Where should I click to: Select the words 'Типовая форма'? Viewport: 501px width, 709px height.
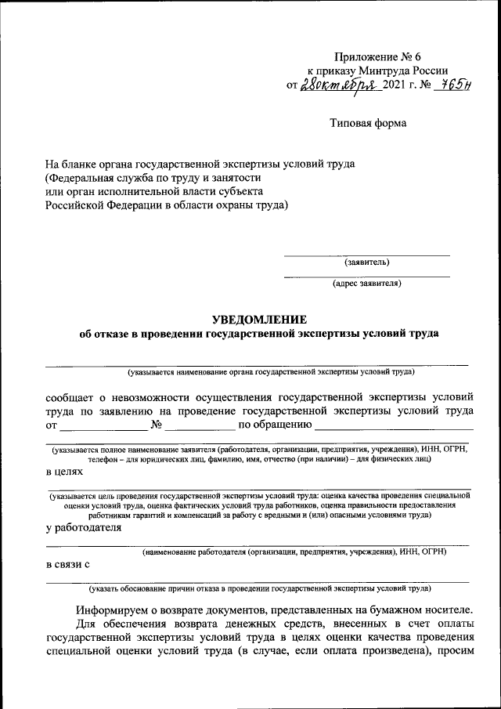[x=368, y=123]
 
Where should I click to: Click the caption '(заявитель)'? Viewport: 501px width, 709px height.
[x=366, y=262]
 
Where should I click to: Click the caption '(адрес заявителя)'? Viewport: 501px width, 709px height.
[x=366, y=283]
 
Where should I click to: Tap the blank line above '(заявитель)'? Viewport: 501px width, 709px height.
[x=366, y=254]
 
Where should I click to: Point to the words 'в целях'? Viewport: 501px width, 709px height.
[x=63, y=472]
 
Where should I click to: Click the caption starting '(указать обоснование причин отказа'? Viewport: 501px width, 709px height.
[x=258, y=587]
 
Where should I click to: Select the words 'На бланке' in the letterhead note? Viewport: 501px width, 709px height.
[x=70, y=165]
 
